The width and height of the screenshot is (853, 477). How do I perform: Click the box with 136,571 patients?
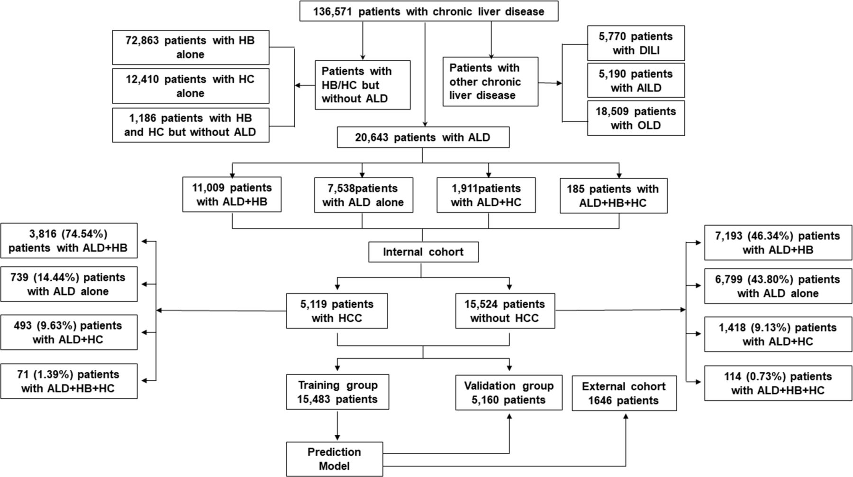[428, 11]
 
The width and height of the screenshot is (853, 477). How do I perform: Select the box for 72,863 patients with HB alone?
[191, 47]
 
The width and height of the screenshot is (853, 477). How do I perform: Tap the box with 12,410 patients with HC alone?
[191, 86]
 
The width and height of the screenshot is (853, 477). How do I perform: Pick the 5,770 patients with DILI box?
[635, 43]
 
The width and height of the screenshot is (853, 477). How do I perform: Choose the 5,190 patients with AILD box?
[635, 81]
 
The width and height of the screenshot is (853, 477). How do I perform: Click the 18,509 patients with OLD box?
[635, 118]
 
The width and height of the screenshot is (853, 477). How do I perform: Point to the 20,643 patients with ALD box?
[423, 138]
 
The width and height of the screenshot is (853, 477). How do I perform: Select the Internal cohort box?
[423, 252]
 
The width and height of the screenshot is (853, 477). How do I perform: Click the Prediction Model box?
[334, 459]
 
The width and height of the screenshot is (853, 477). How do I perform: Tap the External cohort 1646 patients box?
[624, 393]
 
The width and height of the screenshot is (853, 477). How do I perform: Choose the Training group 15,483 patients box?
[337, 392]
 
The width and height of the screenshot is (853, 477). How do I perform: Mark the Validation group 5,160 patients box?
[508, 393]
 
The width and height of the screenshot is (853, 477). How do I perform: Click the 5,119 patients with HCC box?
[336, 311]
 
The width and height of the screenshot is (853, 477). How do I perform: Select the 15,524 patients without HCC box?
[505, 311]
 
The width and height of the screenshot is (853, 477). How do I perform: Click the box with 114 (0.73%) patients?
[778, 383]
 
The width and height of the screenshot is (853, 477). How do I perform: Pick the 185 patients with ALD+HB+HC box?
[613, 196]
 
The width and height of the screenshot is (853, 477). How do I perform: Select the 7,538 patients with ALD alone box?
[363, 195]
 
